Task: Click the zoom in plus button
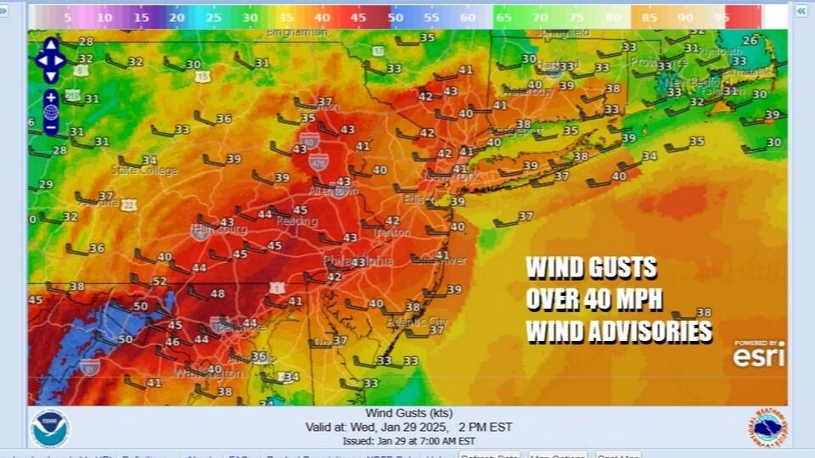point(51,97)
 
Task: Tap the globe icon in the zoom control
point(51,112)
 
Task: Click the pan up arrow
point(51,45)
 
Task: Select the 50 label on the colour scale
point(396,17)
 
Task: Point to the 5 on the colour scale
point(68,17)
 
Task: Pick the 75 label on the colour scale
point(576,17)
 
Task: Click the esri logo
point(759,355)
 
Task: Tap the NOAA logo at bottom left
point(49,428)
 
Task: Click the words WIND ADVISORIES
point(619,331)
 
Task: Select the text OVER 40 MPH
point(593,299)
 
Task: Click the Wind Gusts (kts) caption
point(407,413)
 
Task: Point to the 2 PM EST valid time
point(482,427)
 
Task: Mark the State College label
point(145,170)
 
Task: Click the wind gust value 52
point(160,282)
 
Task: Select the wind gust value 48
point(217,294)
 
